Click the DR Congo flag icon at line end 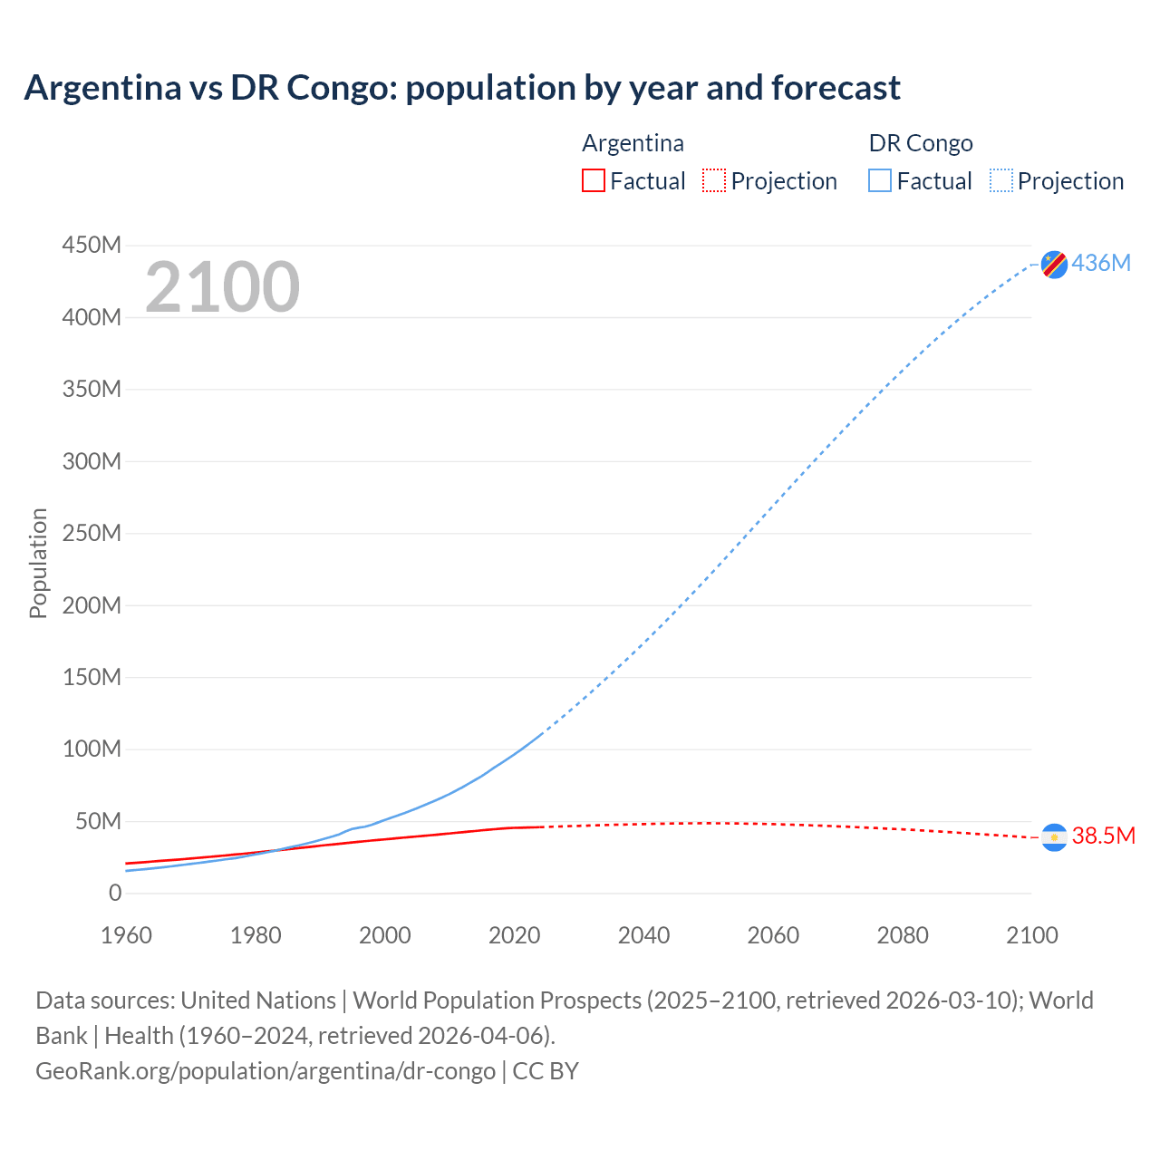pyautogui.click(x=1054, y=264)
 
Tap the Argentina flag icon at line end pyautogui.click(x=1054, y=837)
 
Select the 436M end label pyautogui.click(x=1101, y=263)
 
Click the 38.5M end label pyautogui.click(x=1103, y=836)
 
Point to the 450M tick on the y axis pyautogui.click(x=92, y=245)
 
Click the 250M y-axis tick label pyautogui.click(x=92, y=533)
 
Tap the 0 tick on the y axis pyautogui.click(x=115, y=893)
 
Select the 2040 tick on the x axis pyautogui.click(x=643, y=935)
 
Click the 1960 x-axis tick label pyautogui.click(x=126, y=935)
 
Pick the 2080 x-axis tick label pyautogui.click(x=903, y=935)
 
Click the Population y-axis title pyautogui.click(x=38, y=563)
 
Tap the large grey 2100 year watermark pyautogui.click(x=222, y=286)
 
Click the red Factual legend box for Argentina pyautogui.click(x=593, y=180)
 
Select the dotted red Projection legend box pyautogui.click(x=714, y=180)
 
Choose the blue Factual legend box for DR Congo pyautogui.click(x=880, y=180)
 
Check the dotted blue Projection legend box pyautogui.click(x=1001, y=180)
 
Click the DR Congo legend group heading pyautogui.click(x=921, y=143)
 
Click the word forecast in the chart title pyautogui.click(x=836, y=88)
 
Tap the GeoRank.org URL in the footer pyautogui.click(x=266, y=1070)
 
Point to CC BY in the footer pyautogui.click(x=546, y=1070)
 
